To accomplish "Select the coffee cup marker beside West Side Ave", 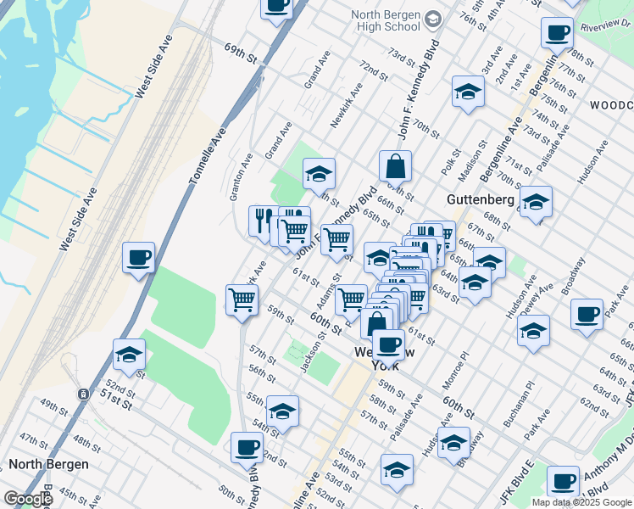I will point(138,257).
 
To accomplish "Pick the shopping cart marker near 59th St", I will point(242,300).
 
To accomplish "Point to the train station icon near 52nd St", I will point(83,394).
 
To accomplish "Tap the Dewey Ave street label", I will point(542,298).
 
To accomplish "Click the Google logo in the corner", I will point(28,499).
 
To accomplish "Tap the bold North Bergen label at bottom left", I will point(43,464).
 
